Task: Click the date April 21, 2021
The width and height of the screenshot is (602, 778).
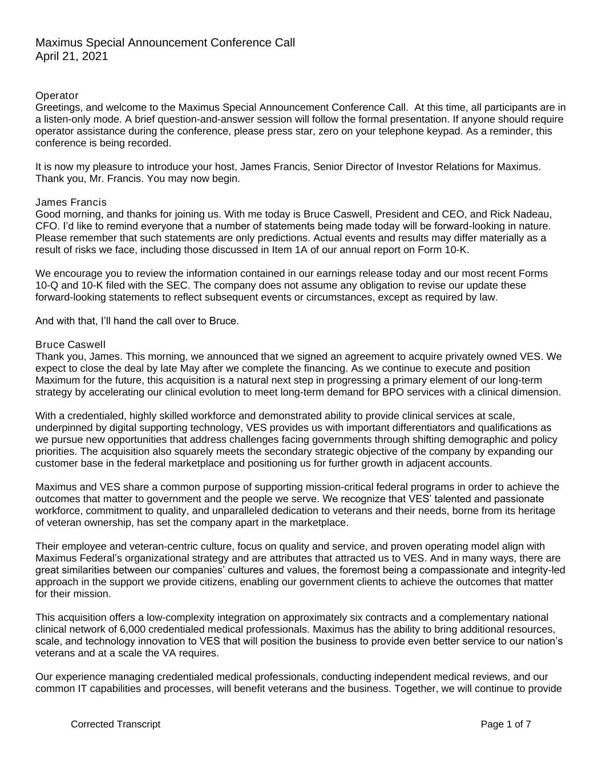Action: [x=71, y=56]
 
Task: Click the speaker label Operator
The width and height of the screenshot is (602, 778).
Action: [x=57, y=95]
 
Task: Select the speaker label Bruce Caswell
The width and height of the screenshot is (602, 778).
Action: [x=70, y=345]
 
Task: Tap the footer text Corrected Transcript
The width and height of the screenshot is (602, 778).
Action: [x=115, y=724]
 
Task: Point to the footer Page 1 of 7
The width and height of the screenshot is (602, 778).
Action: [x=506, y=724]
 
